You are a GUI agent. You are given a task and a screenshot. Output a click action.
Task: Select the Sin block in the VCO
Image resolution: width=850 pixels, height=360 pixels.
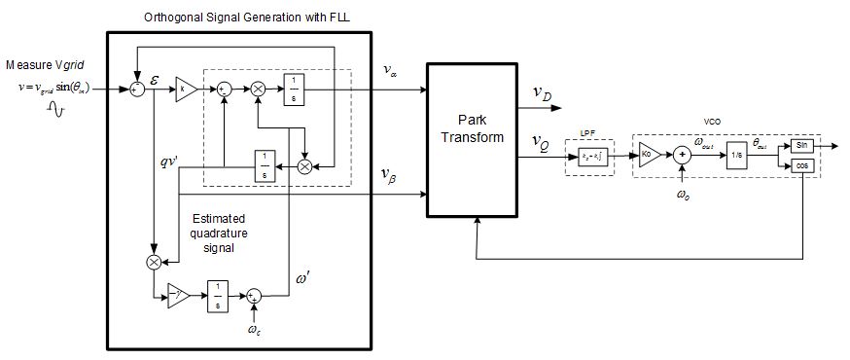[802, 144]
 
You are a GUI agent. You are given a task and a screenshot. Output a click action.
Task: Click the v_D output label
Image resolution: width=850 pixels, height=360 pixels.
[542, 93]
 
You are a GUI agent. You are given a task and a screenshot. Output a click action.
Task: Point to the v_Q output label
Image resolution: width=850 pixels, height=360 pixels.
[542, 142]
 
